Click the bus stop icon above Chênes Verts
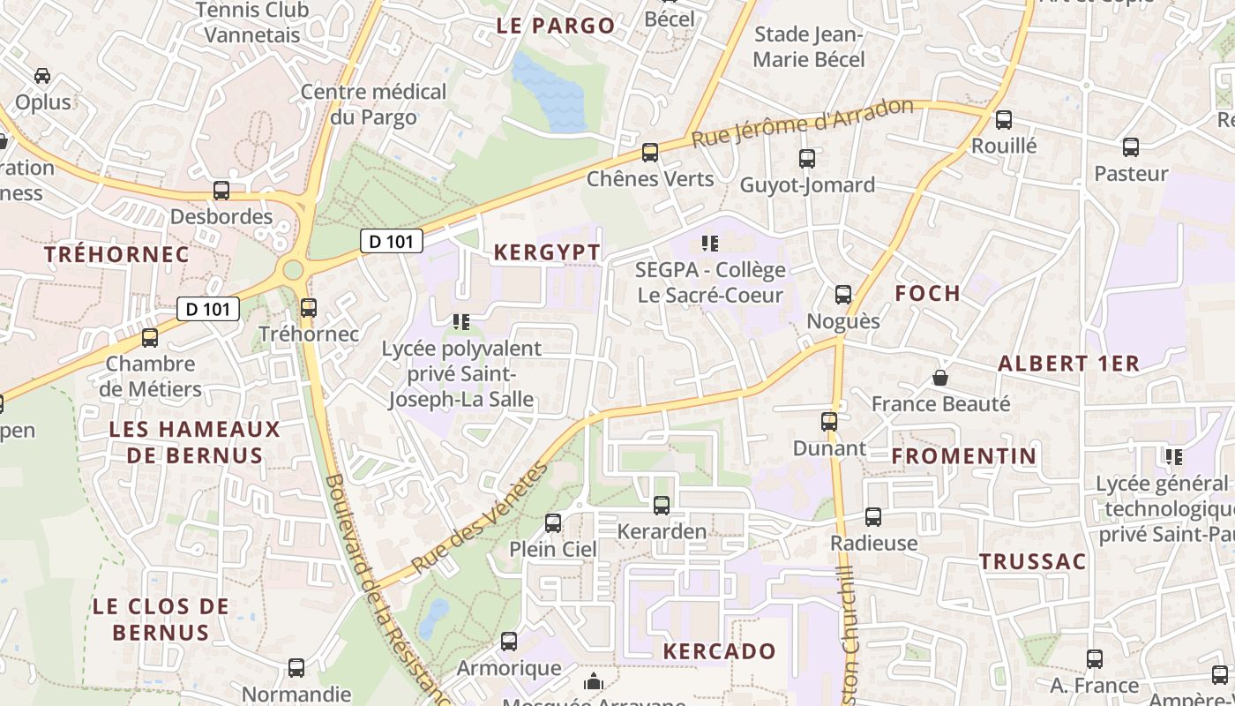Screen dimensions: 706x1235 point(650,153)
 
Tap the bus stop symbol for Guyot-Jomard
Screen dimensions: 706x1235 point(807,159)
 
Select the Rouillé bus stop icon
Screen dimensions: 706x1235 point(1004,120)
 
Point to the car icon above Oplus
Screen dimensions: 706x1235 point(42,76)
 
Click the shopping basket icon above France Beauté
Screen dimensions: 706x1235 point(940,378)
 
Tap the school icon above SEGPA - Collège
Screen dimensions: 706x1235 point(710,243)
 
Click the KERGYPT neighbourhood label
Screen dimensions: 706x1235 point(547,252)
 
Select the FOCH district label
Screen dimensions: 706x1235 point(927,293)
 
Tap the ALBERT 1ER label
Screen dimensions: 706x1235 point(1068,363)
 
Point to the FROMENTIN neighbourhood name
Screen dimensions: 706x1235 point(963,455)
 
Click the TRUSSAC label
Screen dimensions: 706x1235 point(1032,561)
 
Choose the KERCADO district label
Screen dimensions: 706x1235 point(719,651)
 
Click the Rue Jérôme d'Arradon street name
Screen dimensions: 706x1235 point(802,124)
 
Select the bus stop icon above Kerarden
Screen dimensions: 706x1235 point(662,506)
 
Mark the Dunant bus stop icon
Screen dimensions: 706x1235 point(829,422)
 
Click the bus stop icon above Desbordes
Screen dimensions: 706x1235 point(221,191)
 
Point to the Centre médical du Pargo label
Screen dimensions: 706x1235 point(374,104)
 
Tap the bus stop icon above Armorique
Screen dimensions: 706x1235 point(509,642)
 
